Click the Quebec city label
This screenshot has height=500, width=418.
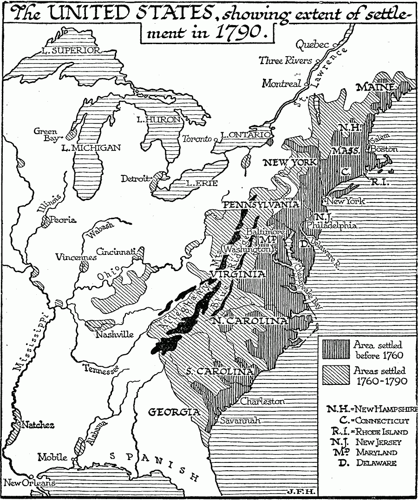click(x=312, y=45)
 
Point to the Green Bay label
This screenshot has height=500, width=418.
click(x=45, y=135)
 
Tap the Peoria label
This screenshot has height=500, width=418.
click(x=63, y=220)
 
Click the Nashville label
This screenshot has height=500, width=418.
click(x=114, y=334)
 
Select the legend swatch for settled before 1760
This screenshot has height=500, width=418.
click(x=335, y=351)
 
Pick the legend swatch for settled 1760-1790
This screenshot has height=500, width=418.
click(x=335, y=375)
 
